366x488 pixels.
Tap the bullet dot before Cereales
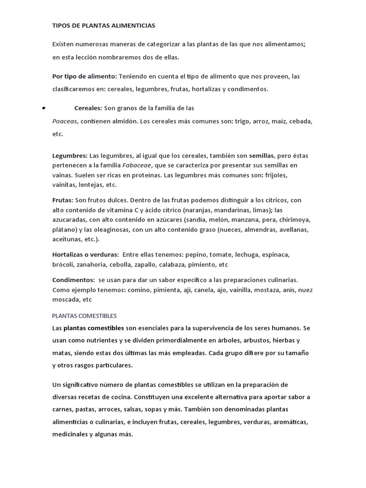tap(43, 109)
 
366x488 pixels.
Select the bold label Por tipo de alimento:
tap(84, 76)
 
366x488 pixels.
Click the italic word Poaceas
tap(65, 122)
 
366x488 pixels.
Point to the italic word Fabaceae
tap(137, 165)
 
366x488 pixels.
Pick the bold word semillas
tap(262, 155)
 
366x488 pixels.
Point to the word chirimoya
tap(294, 220)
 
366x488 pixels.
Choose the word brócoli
tap(63, 264)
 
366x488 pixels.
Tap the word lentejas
tap(90, 185)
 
